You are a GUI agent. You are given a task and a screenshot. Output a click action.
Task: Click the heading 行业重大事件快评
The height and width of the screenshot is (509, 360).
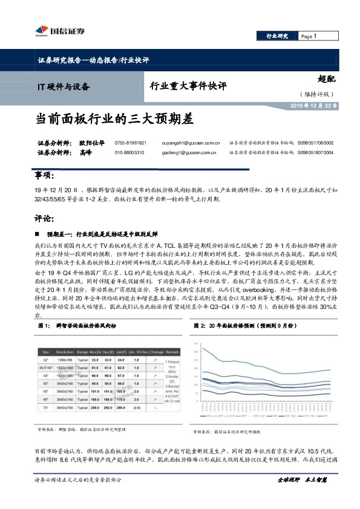tap(187, 86)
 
